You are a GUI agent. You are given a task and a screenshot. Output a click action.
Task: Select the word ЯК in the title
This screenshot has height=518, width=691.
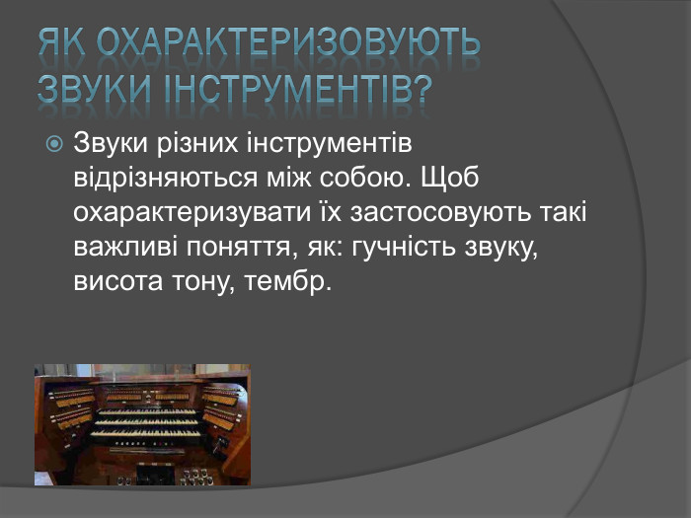click(x=65, y=43)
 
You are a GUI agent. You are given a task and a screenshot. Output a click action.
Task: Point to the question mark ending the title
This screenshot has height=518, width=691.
click(x=422, y=89)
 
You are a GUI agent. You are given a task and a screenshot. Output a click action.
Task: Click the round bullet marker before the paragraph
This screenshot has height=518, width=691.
click(x=55, y=144)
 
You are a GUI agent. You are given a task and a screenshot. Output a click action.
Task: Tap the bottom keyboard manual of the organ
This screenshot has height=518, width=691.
click(x=145, y=434)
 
